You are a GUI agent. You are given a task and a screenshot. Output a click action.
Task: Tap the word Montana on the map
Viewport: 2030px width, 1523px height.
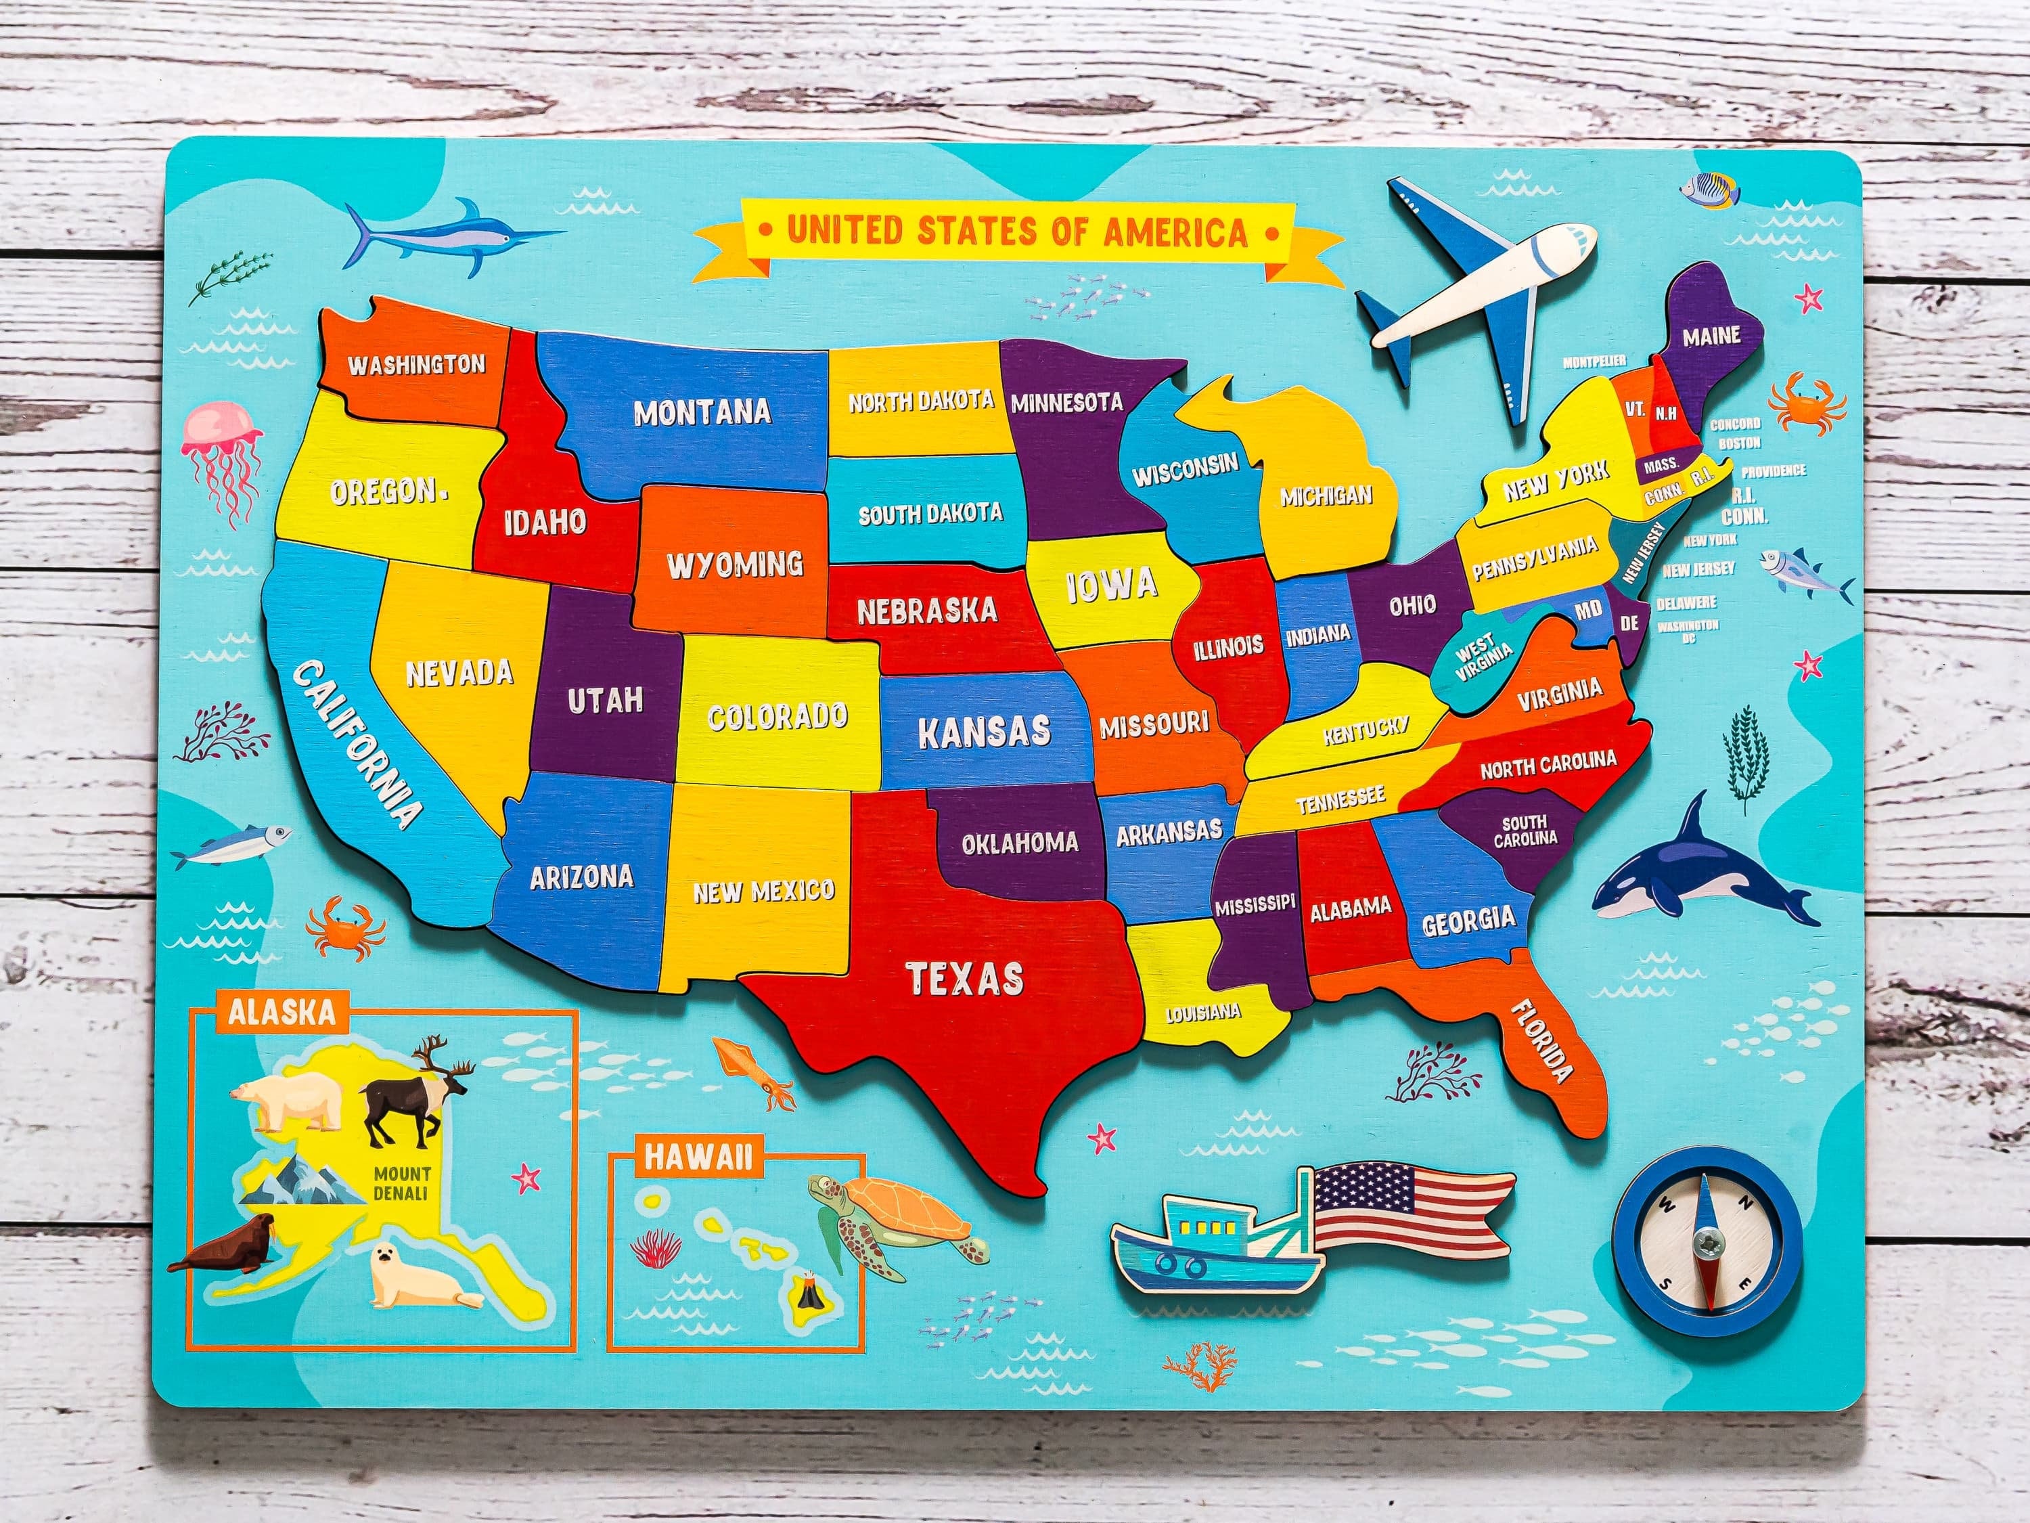point(702,412)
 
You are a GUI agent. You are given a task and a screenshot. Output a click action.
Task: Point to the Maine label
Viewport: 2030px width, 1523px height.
point(1711,336)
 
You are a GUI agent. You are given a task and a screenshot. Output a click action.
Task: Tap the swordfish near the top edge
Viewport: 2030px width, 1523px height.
point(450,234)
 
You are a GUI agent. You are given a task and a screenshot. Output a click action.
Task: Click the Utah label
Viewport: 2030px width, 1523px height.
point(606,701)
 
